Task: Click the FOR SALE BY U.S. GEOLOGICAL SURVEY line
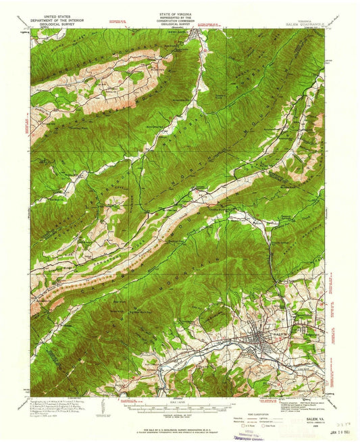pyautogui.click(x=177, y=430)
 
